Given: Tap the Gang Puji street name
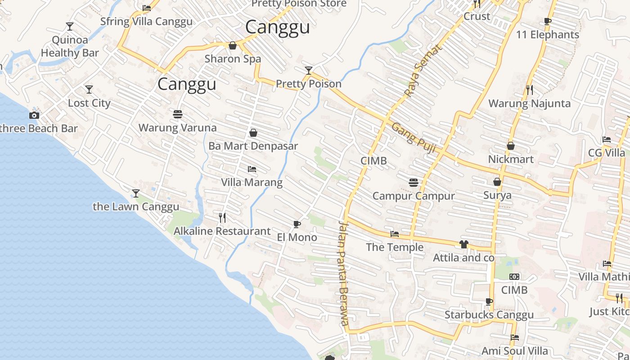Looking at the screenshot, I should [x=413, y=138].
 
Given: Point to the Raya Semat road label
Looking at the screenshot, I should [x=417, y=71].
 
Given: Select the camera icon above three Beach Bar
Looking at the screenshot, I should [x=34, y=115].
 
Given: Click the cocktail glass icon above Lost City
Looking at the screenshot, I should [x=89, y=90].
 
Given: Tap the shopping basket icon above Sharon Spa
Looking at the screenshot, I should [x=233, y=45].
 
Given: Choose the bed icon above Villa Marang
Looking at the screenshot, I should [x=252, y=169].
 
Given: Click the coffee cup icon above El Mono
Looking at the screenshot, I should [x=297, y=224].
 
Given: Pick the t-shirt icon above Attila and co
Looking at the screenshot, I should [x=463, y=244].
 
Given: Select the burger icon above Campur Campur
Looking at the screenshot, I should [x=414, y=182].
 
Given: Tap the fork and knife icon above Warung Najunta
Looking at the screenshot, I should [x=530, y=90].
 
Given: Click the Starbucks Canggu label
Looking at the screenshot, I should [x=489, y=315].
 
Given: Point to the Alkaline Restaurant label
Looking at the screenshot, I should [x=222, y=231].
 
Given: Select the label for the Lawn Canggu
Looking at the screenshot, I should [x=136, y=207].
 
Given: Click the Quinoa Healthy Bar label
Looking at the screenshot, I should [x=70, y=46].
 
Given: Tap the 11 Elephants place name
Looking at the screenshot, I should [x=547, y=35].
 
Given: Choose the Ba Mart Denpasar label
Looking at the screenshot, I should [x=253, y=146].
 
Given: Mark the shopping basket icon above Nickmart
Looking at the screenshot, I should [x=511, y=146].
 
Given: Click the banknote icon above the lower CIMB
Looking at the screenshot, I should [x=514, y=276].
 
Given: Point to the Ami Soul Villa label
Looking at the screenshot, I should [x=515, y=351].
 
